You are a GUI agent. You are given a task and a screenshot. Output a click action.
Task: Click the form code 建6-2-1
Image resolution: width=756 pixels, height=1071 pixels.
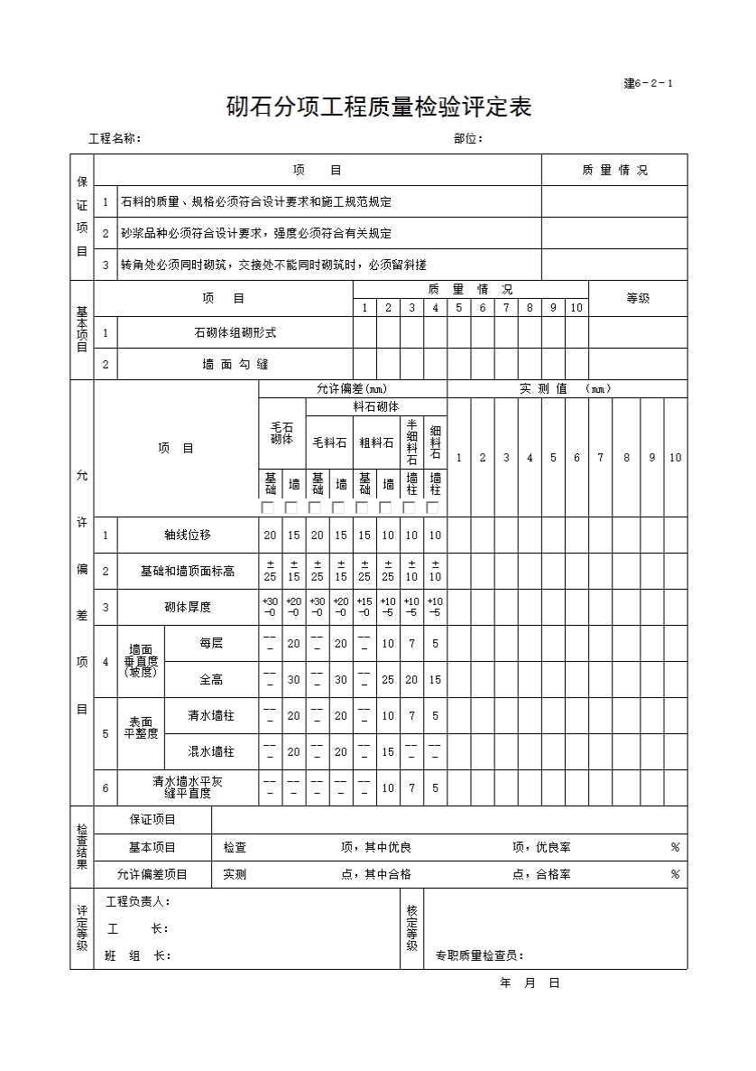point(648,84)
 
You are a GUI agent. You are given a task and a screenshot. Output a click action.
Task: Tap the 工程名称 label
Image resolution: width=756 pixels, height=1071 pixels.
point(115,138)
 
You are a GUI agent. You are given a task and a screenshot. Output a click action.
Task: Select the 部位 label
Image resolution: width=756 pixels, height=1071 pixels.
point(468,138)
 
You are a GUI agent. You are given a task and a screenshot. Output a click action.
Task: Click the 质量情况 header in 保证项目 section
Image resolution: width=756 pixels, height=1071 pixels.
point(614,170)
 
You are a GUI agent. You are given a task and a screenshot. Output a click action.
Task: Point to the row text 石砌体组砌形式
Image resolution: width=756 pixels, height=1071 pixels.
point(235,332)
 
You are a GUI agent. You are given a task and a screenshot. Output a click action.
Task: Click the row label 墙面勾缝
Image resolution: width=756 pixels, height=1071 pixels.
point(235,365)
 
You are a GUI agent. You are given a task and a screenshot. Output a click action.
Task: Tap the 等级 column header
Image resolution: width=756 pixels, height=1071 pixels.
point(638,298)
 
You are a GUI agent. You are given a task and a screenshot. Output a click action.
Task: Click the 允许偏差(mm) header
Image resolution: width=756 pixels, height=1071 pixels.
point(352,388)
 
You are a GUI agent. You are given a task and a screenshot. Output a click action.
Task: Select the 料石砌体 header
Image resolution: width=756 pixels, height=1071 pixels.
point(375,407)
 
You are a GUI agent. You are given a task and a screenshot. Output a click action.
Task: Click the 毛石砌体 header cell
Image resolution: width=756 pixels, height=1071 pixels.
point(281,433)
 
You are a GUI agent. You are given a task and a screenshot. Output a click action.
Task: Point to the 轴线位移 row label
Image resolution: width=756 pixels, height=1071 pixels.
point(188,535)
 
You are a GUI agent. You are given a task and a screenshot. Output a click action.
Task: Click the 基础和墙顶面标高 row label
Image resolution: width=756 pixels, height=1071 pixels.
point(188,571)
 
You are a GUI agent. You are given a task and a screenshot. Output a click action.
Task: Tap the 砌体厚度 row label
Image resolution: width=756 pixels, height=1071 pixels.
point(188,607)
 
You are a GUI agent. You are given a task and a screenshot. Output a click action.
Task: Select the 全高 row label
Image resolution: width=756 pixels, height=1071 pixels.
point(211,679)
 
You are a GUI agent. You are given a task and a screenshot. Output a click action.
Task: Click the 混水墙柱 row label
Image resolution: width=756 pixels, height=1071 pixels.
point(211,751)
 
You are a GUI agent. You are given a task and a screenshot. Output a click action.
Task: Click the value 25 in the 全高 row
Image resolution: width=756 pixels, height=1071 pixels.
point(388,679)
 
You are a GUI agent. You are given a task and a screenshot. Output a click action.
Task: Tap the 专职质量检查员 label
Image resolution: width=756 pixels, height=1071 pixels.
point(479,955)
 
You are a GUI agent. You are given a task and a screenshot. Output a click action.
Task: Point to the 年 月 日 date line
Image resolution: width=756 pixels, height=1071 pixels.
point(530,983)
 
